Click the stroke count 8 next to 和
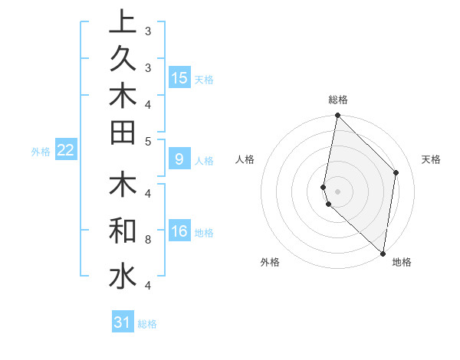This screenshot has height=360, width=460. (148, 240)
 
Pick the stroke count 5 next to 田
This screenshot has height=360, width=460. (148, 141)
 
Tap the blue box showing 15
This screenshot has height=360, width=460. (179, 77)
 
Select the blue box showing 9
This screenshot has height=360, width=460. (179, 160)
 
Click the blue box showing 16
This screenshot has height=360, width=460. (179, 232)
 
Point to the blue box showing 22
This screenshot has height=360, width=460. (66, 151)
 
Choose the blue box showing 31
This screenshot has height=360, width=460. (123, 322)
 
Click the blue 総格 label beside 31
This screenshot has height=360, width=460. (147, 324)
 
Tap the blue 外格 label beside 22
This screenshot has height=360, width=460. (41, 152)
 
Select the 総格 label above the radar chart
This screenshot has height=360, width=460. (338, 100)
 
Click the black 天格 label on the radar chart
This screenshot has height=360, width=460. (431, 159)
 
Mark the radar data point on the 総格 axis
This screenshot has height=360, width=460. (337, 116)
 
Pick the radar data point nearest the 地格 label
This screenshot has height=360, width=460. (383, 254)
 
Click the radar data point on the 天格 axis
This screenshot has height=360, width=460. (396, 172)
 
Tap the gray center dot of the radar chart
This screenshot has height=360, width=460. (337, 191)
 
